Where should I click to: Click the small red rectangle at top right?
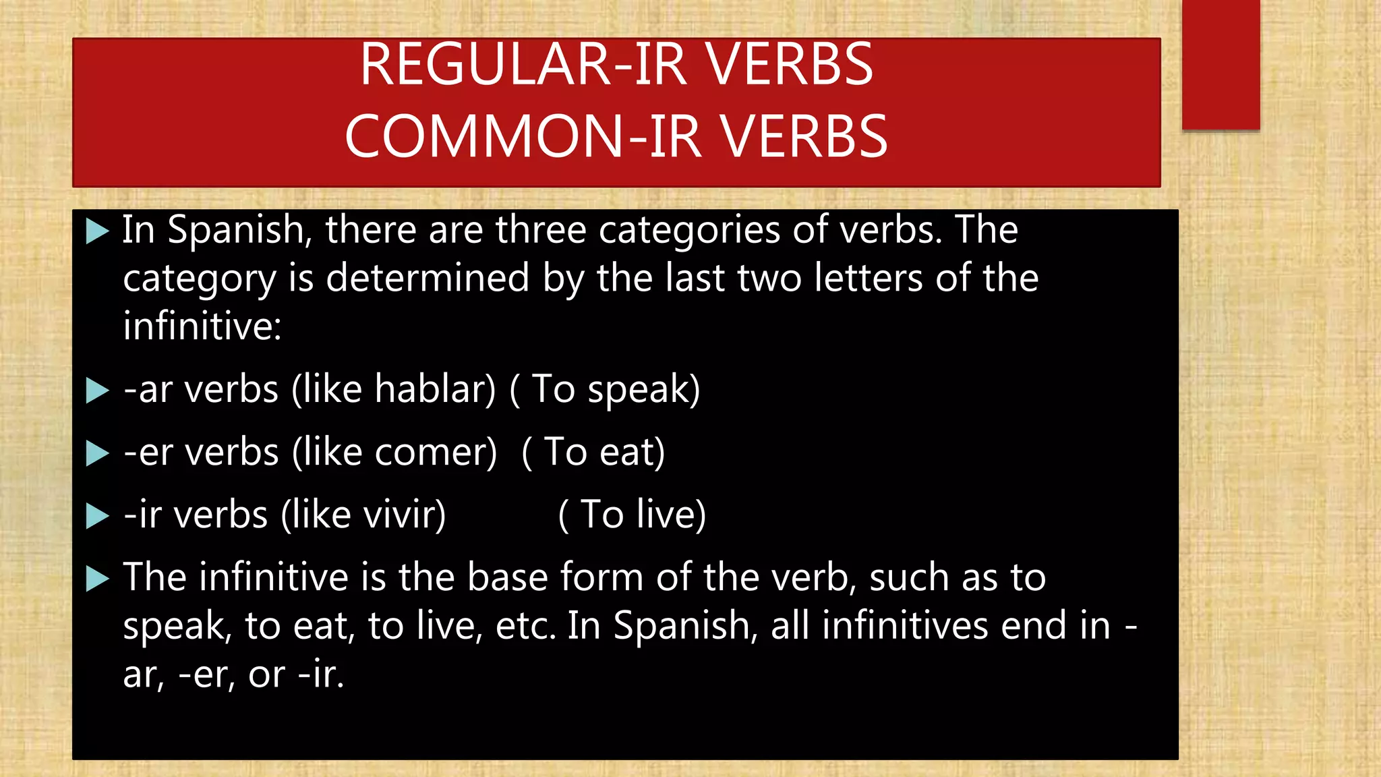click(1221, 64)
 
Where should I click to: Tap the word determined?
click(428, 278)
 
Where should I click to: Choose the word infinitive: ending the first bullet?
click(202, 326)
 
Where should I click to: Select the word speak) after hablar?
click(643, 391)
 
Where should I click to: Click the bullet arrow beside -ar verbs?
click(97, 391)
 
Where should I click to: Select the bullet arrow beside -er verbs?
click(97, 453)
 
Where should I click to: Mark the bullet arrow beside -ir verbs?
click(97, 516)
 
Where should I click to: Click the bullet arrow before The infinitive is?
click(97, 579)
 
